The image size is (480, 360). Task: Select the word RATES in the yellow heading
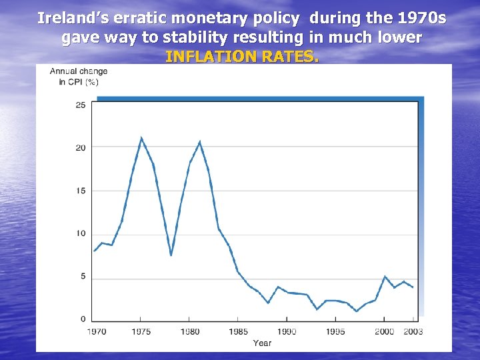293,57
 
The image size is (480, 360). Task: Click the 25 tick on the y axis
80,105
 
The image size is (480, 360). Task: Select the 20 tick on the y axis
80,147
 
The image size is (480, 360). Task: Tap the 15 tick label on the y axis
80,191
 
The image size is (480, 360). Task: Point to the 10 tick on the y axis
80,233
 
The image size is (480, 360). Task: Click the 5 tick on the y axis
82,277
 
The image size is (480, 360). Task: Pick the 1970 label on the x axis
96,331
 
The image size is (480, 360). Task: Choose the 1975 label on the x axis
141,331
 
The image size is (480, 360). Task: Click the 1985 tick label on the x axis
238,331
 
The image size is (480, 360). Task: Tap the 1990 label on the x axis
287,331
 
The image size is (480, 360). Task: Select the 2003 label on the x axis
413,331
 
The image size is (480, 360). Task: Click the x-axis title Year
262,343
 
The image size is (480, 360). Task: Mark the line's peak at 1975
141,138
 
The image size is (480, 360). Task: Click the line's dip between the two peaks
171,255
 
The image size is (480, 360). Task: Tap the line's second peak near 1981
200,142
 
